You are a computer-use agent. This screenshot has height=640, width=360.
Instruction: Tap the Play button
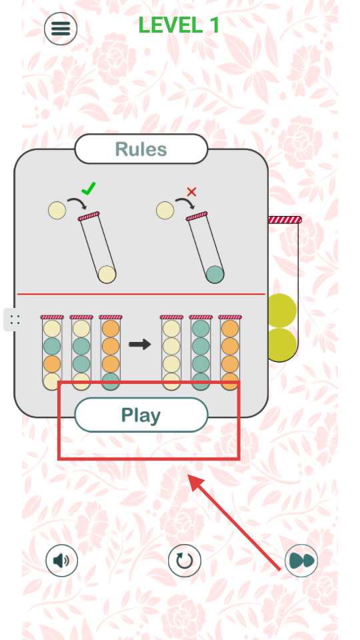(141, 415)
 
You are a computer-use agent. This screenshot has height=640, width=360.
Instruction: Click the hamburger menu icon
(61, 29)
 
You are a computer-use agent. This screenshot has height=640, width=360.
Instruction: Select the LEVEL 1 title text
(179, 25)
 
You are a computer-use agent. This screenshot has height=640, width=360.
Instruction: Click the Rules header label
(141, 149)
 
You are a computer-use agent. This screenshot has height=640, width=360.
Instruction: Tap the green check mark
(89, 188)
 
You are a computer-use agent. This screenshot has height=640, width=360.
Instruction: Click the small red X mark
(191, 192)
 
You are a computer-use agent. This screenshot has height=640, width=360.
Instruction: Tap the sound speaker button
(61, 561)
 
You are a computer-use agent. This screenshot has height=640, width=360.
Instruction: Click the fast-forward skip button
(301, 561)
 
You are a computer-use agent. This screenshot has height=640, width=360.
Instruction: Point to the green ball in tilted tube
(215, 274)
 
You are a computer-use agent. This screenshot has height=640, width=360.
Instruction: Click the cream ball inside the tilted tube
(107, 274)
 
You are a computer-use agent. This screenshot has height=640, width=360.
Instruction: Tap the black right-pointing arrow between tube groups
(140, 345)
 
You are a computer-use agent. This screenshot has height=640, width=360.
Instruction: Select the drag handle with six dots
(15, 319)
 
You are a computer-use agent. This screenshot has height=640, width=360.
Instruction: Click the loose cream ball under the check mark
(57, 211)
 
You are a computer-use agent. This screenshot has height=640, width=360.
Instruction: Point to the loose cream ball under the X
(165, 211)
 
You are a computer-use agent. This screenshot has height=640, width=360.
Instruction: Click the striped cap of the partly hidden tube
(285, 220)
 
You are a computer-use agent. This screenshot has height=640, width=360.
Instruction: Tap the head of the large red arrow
(195, 482)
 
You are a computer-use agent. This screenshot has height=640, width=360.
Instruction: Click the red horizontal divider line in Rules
(141, 294)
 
